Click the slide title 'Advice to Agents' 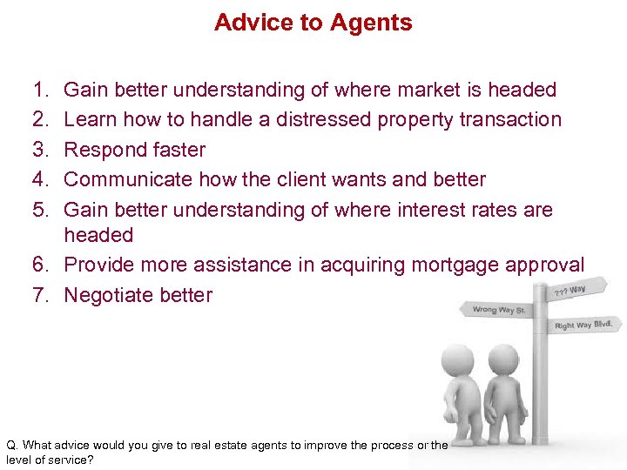point(313,23)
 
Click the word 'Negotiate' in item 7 point(108,295)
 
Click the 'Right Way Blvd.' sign point(584,326)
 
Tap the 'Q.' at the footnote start point(11,445)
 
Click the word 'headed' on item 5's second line point(98,235)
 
